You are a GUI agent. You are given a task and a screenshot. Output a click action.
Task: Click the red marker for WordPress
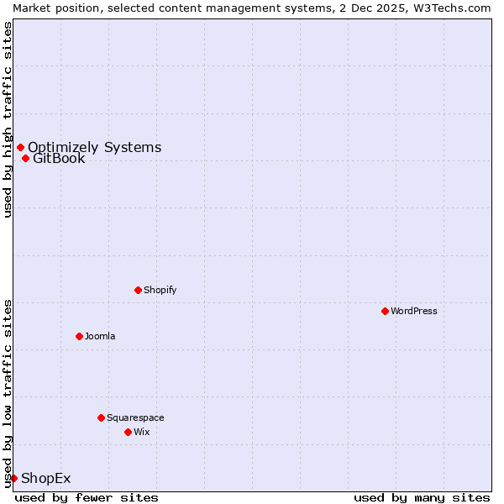click(385, 311)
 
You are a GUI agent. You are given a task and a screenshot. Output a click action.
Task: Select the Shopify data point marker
click(138, 290)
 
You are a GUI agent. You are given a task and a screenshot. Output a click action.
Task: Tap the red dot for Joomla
click(79, 336)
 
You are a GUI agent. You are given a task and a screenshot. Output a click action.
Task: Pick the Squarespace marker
click(101, 417)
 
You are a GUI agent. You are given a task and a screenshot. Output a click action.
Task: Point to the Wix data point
click(128, 432)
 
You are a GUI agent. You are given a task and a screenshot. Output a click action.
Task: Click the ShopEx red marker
click(13, 478)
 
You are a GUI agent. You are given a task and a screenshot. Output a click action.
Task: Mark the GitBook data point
click(25, 158)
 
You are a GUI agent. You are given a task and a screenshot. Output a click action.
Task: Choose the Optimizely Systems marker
click(20, 147)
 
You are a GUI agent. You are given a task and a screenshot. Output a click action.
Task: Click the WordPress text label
click(414, 311)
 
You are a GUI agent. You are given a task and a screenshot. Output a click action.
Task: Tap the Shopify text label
click(160, 290)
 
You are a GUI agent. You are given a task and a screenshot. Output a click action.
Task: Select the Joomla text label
click(100, 336)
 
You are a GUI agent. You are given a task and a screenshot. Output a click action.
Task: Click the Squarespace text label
click(135, 417)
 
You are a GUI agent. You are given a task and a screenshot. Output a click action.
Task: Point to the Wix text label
click(141, 432)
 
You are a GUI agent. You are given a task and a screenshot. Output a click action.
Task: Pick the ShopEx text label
click(45, 479)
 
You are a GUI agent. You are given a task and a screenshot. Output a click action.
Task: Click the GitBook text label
click(59, 158)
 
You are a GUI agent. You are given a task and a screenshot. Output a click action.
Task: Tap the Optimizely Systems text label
click(94, 148)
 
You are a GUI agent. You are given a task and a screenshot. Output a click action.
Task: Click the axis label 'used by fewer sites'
click(87, 497)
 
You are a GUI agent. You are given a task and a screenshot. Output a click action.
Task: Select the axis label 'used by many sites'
click(422, 497)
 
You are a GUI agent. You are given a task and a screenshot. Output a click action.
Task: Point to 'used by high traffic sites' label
click(8, 119)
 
